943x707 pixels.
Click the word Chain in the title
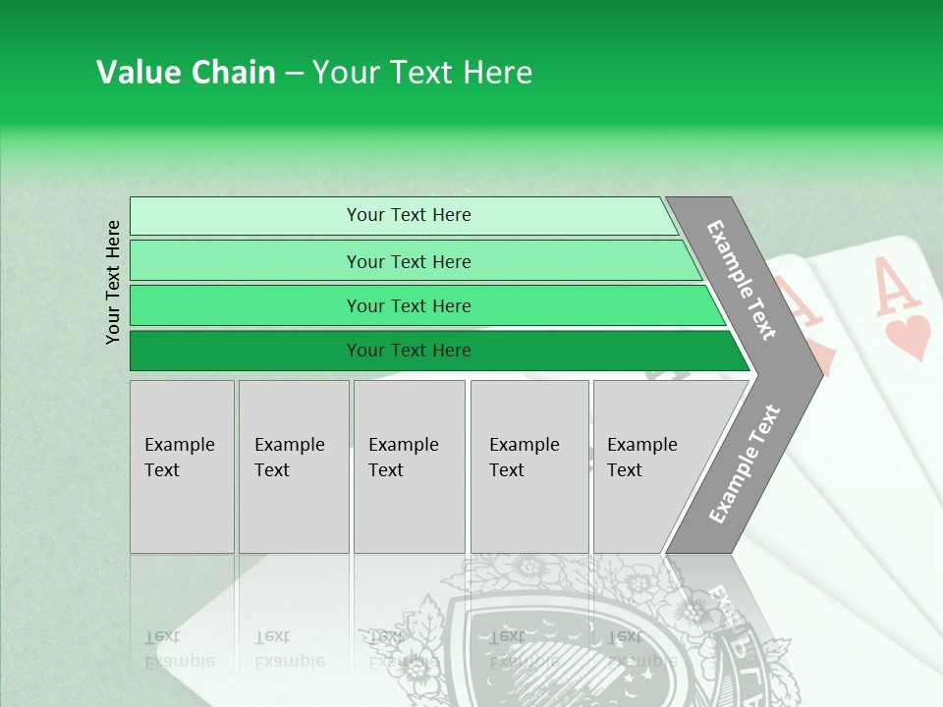[233, 73]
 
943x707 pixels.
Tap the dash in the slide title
[294, 74]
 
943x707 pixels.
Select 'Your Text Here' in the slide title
[422, 73]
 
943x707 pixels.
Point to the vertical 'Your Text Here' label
[113, 283]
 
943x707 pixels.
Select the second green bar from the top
[408, 261]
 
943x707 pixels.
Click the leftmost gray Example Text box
[182, 466]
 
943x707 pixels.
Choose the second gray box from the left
[294, 466]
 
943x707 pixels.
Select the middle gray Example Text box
[409, 466]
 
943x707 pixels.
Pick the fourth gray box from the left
[529, 466]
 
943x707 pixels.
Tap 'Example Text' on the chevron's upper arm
[742, 280]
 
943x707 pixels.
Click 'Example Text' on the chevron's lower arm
[744, 464]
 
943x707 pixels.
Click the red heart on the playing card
[907, 337]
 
